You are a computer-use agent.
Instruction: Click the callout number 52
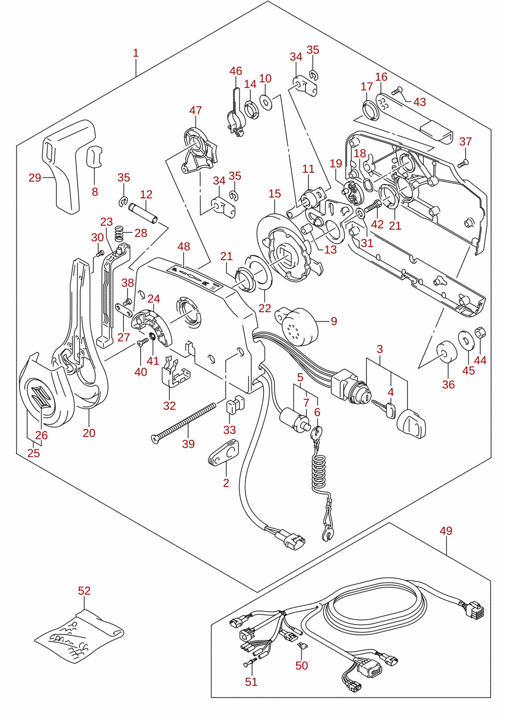coord(84,590)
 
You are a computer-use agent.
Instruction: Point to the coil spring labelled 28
coord(119,233)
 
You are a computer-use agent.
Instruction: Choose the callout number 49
coord(446,530)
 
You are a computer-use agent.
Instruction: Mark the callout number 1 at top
coord(136,53)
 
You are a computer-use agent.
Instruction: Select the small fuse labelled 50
coord(302,644)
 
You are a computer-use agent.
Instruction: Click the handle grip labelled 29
coord(68,166)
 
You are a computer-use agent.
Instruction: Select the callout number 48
coord(184,246)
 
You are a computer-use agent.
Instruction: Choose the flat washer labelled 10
coord(265,102)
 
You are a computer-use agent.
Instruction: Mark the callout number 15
coord(275,194)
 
